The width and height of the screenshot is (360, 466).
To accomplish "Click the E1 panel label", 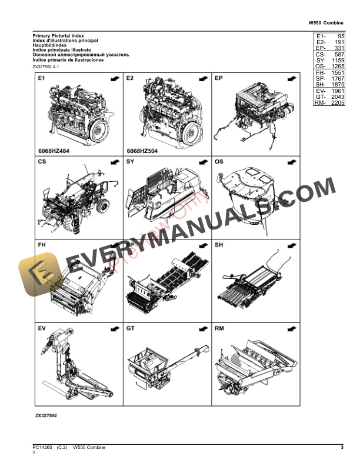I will (42, 78).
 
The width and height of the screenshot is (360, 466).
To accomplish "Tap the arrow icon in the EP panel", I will (291, 78).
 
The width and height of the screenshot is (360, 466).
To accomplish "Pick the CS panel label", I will (42, 161).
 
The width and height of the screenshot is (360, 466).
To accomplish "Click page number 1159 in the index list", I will (337, 61).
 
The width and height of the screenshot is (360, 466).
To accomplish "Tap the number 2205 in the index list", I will (337, 103).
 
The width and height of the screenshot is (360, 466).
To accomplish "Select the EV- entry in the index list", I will (321, 91).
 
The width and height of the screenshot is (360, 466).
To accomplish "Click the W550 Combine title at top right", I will (326, 24).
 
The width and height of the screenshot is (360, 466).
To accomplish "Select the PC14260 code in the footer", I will (42, 448).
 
